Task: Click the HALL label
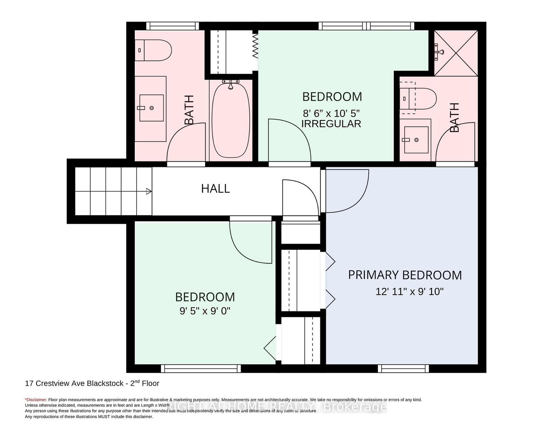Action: (215, 189)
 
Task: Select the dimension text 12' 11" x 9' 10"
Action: (410, 291)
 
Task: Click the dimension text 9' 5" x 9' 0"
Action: (205, 311)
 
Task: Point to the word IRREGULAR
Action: (331, 124)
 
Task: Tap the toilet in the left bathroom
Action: (153, 50)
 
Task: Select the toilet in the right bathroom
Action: (418, 99)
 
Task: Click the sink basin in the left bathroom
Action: (151, 108)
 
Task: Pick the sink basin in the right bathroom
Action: (416, 140)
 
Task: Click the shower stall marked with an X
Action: (456, 53)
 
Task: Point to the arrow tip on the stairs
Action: (152, 191)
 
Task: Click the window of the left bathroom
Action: (172, 26)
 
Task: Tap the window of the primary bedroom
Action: (403, 368)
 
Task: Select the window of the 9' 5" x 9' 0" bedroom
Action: (201, 368)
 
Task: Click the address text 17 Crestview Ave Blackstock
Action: (74, 383)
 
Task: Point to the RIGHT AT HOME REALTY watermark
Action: (276, 407)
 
